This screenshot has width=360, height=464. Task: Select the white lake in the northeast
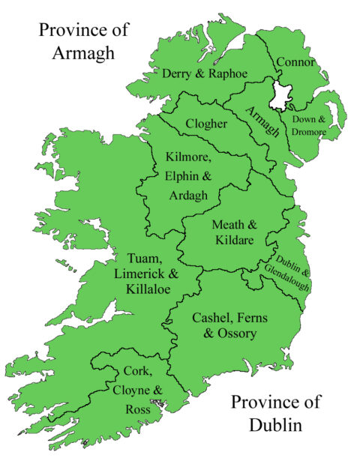282,94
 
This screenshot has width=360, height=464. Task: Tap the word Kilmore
187,158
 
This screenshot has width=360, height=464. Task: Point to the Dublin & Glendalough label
288,263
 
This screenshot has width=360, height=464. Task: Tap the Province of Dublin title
274,414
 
